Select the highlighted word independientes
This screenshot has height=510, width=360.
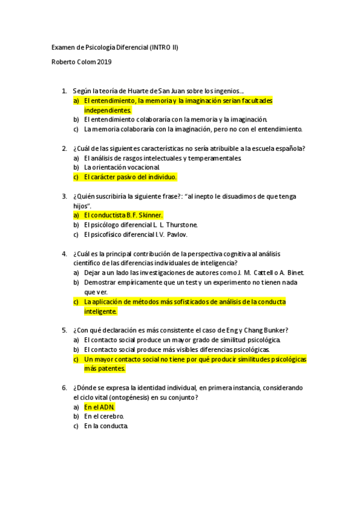point(108,110)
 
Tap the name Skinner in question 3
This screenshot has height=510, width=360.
point(151,215)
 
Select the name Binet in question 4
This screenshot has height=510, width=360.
point(294,272)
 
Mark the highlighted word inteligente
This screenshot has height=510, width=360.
point(100,311)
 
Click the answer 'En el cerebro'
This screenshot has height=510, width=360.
point(104,416)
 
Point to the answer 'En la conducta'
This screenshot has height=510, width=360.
point(106,426)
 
